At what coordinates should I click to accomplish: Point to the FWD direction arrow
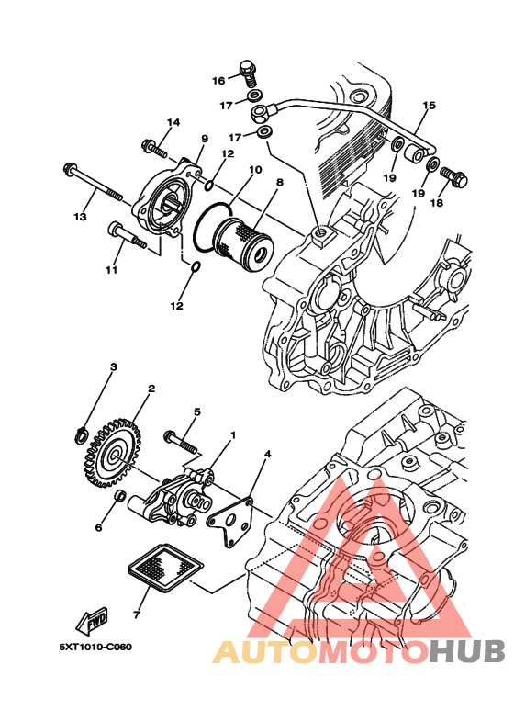point(92,620)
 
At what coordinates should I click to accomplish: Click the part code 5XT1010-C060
point(95,647)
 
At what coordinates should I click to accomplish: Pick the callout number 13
point(80,218)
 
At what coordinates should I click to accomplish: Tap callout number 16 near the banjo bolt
point(218,81)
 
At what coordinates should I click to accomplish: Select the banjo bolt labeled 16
point(248,73)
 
